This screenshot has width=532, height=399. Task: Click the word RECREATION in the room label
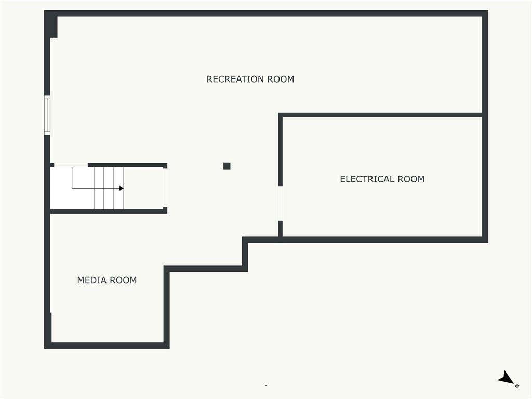tap(235, 79)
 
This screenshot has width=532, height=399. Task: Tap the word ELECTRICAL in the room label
tap(367, 179)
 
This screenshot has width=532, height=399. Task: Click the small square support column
tap(227, 166)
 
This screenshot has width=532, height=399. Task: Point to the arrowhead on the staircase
tap(122, 188)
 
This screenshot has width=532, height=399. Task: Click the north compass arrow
tap(506, 378)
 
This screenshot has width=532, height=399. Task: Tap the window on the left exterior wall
tap(47, 115)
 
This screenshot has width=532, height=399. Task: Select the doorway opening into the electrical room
tap(280, 203)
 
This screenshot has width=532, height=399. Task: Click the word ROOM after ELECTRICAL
tap(411, 179)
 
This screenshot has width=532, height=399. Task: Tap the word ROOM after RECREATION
tap(281, 79)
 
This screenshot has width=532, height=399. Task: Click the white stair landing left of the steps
tap(72, 188)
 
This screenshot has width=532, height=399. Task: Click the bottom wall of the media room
tap(107, 345)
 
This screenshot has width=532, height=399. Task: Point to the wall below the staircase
tap(109, 211)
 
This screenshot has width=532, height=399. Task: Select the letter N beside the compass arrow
tap(517, 386)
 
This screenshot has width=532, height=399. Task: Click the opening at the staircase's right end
tap(165, 188)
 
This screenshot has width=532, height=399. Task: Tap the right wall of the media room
tap(167, 307)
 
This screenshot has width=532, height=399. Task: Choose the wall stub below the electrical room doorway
tap(280, 229)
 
